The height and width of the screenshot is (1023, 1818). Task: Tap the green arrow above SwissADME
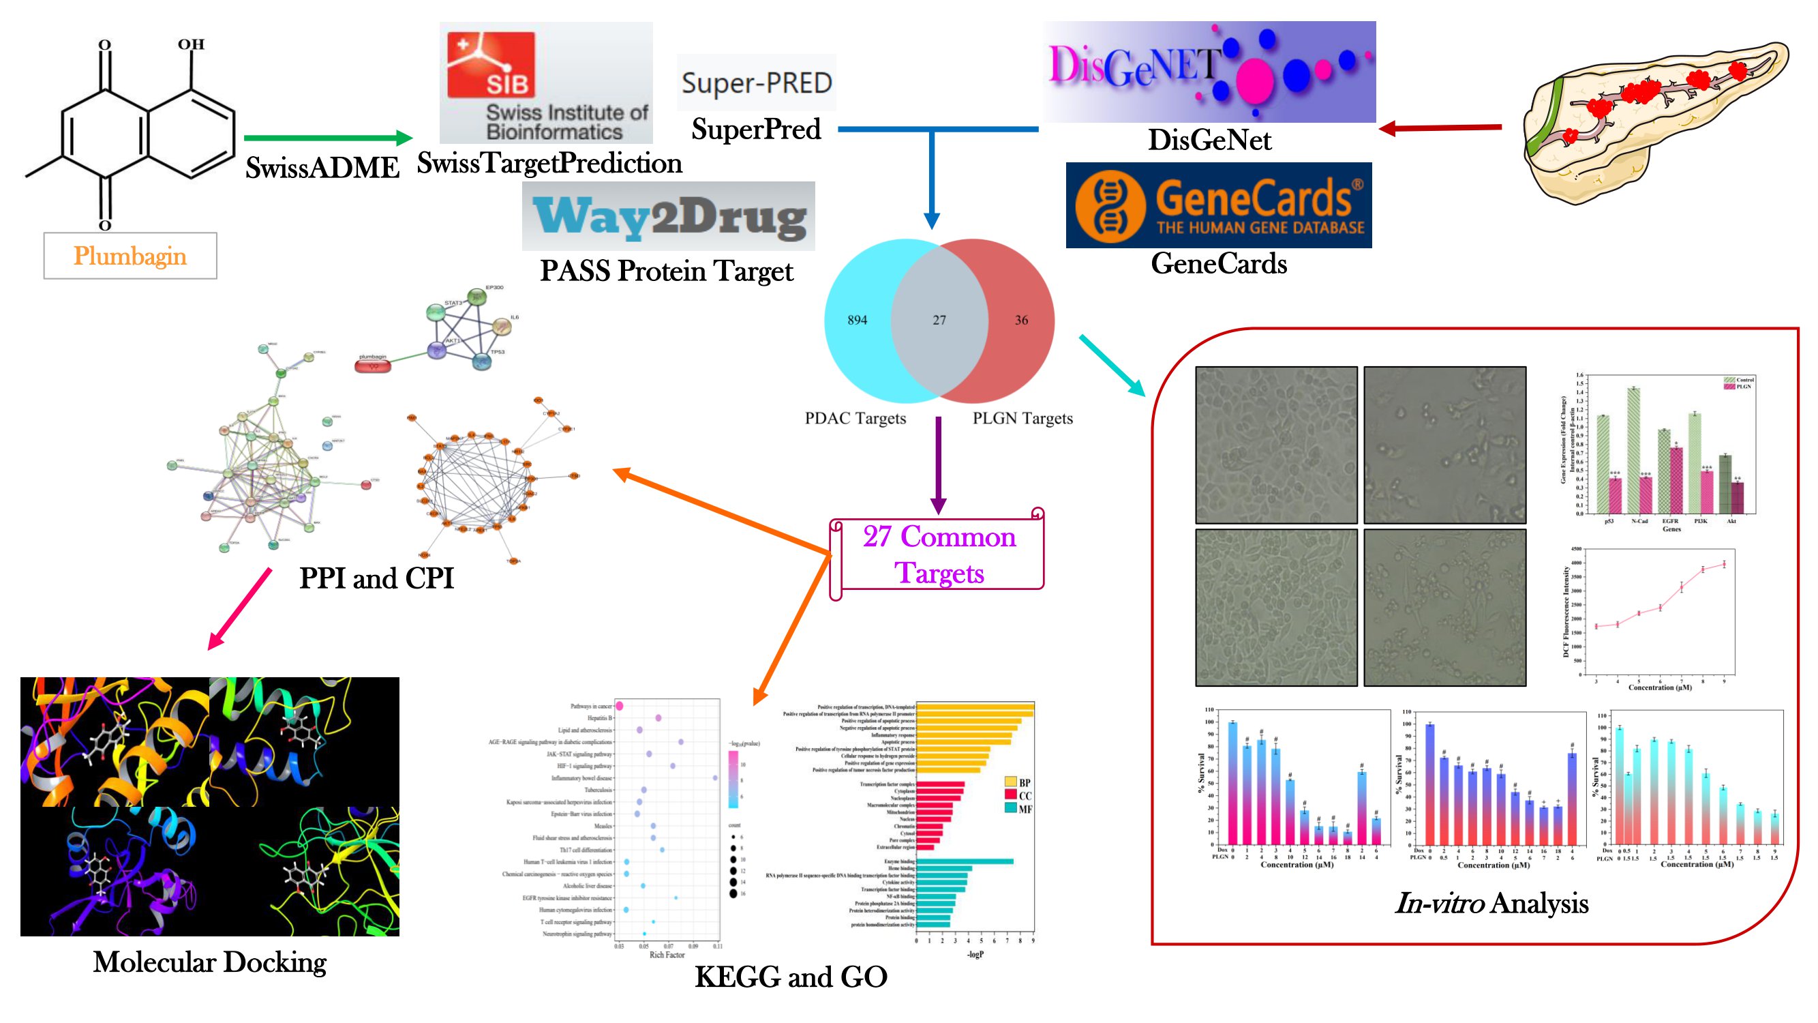327,138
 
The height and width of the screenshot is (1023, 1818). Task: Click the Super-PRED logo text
757,83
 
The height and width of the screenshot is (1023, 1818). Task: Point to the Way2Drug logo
668,217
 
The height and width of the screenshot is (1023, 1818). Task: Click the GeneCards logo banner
1218,205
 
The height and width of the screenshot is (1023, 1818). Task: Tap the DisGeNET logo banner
1210,72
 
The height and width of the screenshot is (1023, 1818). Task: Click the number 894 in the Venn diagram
857,321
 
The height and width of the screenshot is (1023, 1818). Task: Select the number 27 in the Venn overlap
939,321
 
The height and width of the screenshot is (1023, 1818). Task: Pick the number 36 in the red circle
1020,321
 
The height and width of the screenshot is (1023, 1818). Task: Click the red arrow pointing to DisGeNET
1440,128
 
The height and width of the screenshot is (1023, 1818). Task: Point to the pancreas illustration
1652,120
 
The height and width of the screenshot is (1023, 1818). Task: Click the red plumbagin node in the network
373,364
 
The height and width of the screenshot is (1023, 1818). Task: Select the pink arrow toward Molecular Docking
240,608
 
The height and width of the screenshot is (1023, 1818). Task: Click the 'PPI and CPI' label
376,578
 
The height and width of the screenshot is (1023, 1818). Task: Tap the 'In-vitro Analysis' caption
1491,904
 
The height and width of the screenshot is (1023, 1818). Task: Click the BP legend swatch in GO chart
1010,782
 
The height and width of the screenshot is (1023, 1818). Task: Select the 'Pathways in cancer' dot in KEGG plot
619,706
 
